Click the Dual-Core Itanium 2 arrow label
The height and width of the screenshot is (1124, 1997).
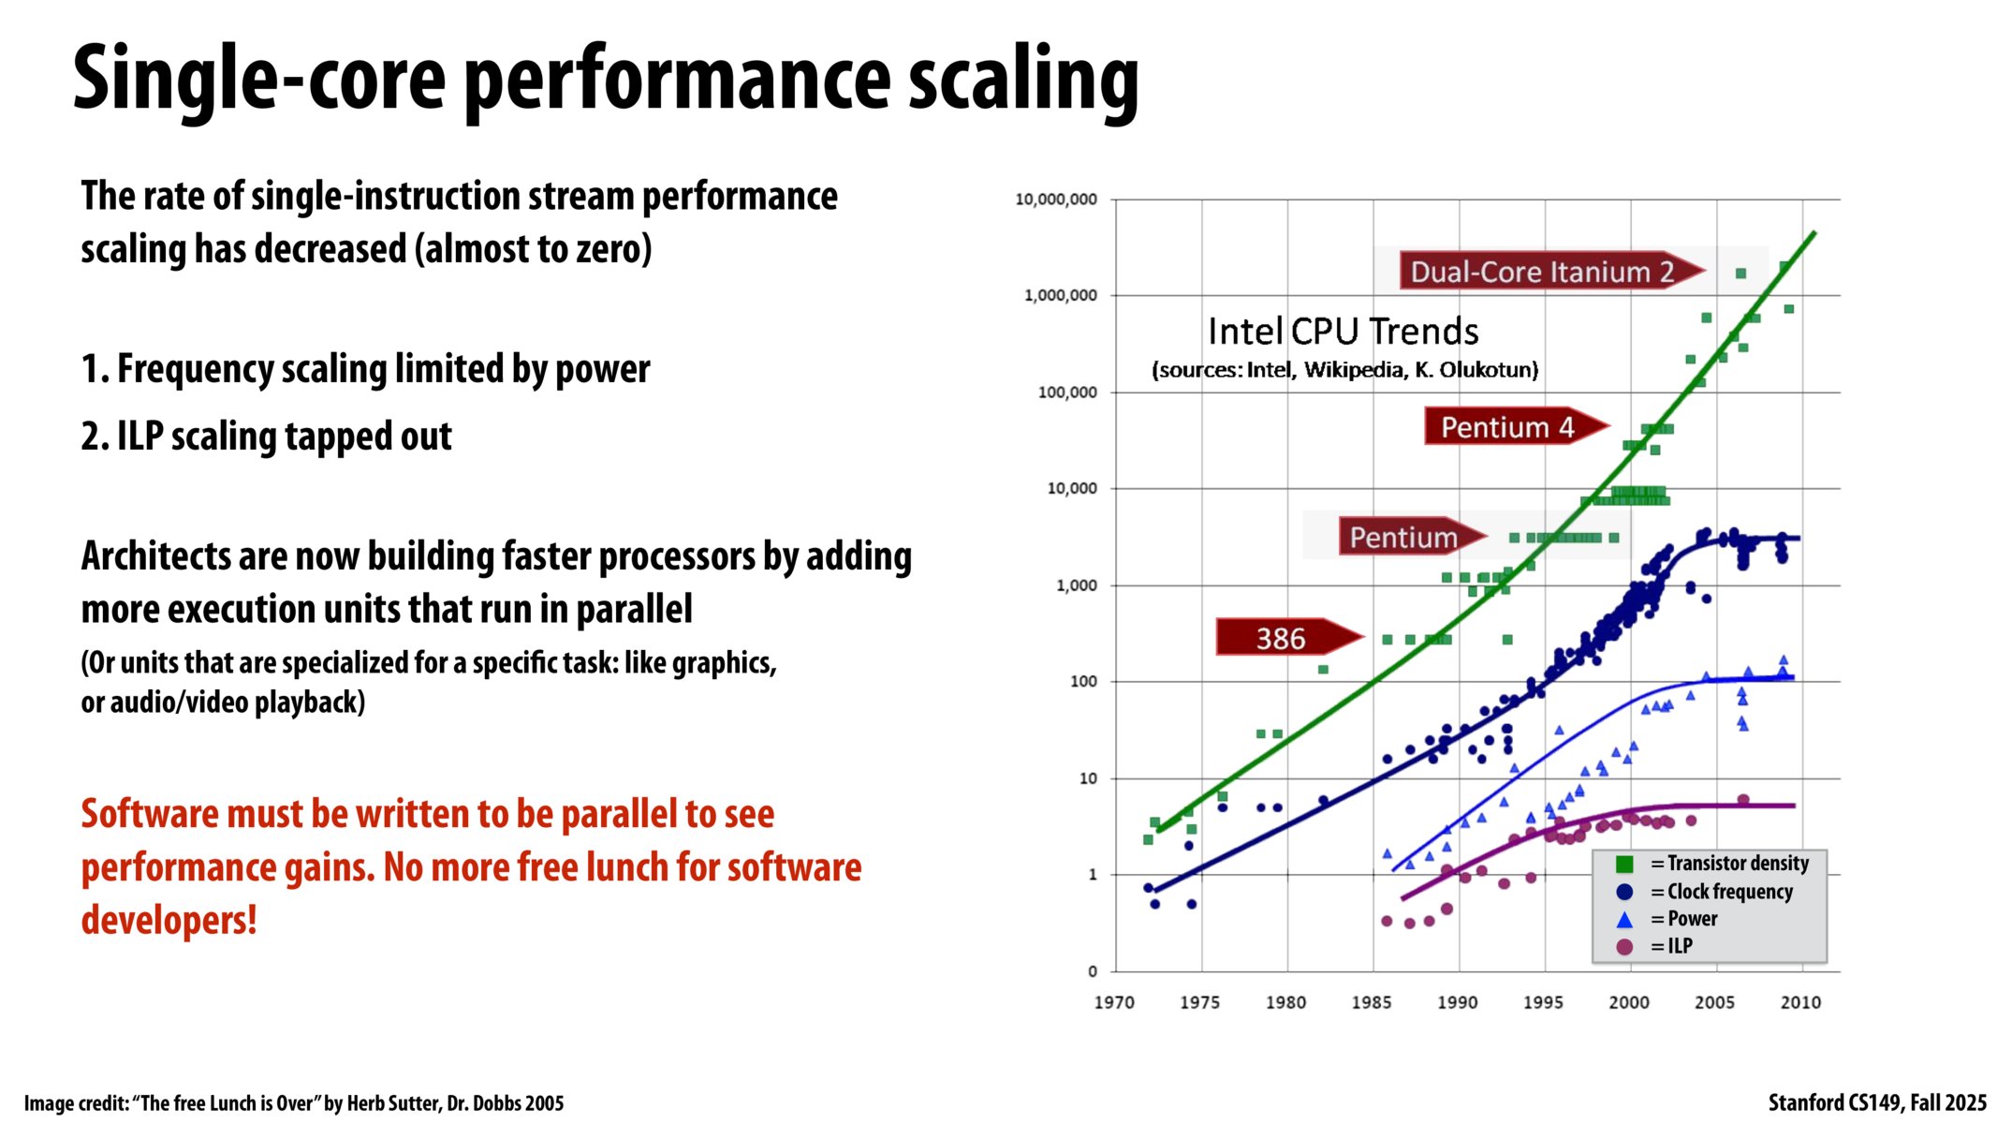click(1542, 272)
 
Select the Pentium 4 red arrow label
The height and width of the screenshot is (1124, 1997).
click(1507, 427)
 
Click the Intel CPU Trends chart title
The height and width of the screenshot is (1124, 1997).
click(1343, 332)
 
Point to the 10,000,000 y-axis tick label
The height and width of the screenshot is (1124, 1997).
click(1056, 200)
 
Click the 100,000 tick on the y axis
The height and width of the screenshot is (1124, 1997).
click(1066, 392)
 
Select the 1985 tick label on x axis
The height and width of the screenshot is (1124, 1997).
click(1372, 1002)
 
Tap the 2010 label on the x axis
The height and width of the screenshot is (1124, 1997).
click(1800, 1002)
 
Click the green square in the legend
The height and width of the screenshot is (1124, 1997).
click(1624, 864)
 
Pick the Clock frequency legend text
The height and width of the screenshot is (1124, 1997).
click(1729, 892)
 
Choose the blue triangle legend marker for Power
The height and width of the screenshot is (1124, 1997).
click(1624, 920)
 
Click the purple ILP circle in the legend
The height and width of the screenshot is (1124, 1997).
click(1624, 947)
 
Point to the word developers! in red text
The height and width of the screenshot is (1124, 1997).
click(169, 921)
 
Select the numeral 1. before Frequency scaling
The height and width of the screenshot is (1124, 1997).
click(95, 369)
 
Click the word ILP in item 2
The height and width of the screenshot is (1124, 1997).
click(140, 436)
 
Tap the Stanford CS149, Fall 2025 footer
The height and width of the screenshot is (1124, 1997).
click(1876, 1102)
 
